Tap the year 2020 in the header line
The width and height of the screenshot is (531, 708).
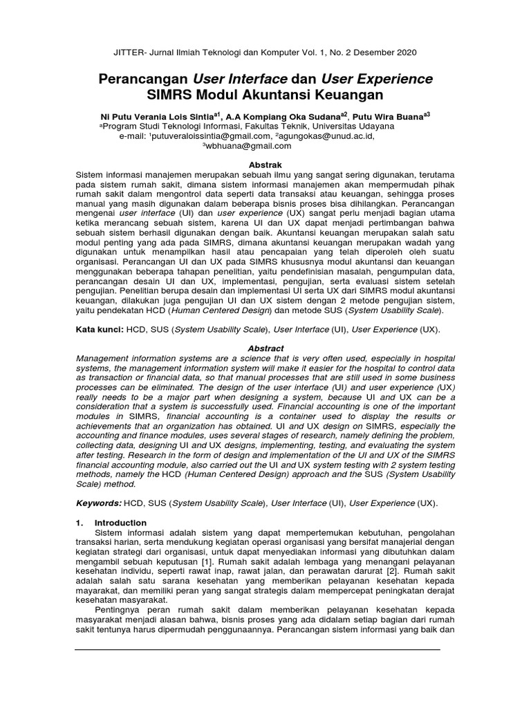tap(404, 53)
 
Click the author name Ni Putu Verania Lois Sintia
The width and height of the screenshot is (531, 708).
tap(158, 117)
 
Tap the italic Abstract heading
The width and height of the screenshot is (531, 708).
tap(266, 348)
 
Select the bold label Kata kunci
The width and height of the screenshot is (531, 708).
tap(99, 330)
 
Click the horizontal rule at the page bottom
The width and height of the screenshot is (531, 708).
tap(257, 650)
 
